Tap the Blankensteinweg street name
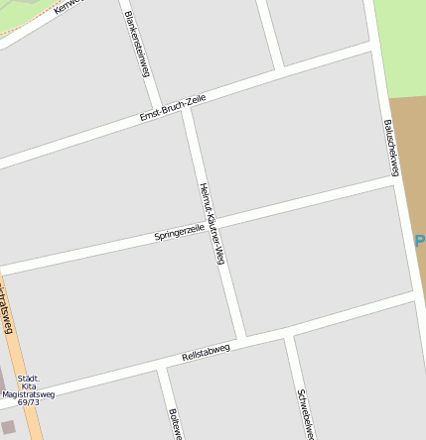(137, 44)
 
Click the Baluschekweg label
(390, 148)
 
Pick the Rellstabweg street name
(206, 351)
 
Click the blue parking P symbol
(419, 241)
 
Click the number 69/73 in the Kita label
(28, 402)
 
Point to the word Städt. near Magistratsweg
(28, 378)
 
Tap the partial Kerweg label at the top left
(69, 7)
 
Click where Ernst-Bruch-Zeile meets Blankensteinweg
(157, 111)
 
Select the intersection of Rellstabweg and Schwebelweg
(289, 338)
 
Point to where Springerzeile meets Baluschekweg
(397, 182)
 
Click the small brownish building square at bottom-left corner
(8, 427)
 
